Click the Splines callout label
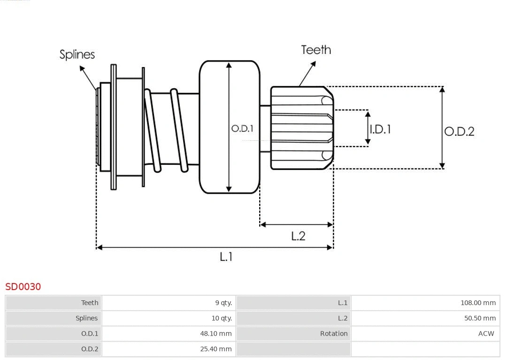[x=77, y=54]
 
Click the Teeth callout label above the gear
[x=316, y=50]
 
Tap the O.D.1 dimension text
[x=242, y=128]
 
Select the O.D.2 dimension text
[x=459, y=131]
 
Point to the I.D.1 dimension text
[x=381, y=129]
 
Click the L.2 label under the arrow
[x=298, y=236]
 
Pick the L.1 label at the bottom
[x=226, y=257]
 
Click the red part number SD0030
[x=23, y=286]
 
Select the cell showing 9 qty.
[x=223, y=303]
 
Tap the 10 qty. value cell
[x=222, y=318]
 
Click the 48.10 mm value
[x=215, y=334]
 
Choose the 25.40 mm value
[x=215, y=349]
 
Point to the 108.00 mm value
[x=478, y=303]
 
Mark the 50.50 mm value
[x=480, y=318]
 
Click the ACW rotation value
[x=486, y=334]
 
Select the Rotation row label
[x=334, y=334]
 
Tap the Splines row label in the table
[x=87, y=318]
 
